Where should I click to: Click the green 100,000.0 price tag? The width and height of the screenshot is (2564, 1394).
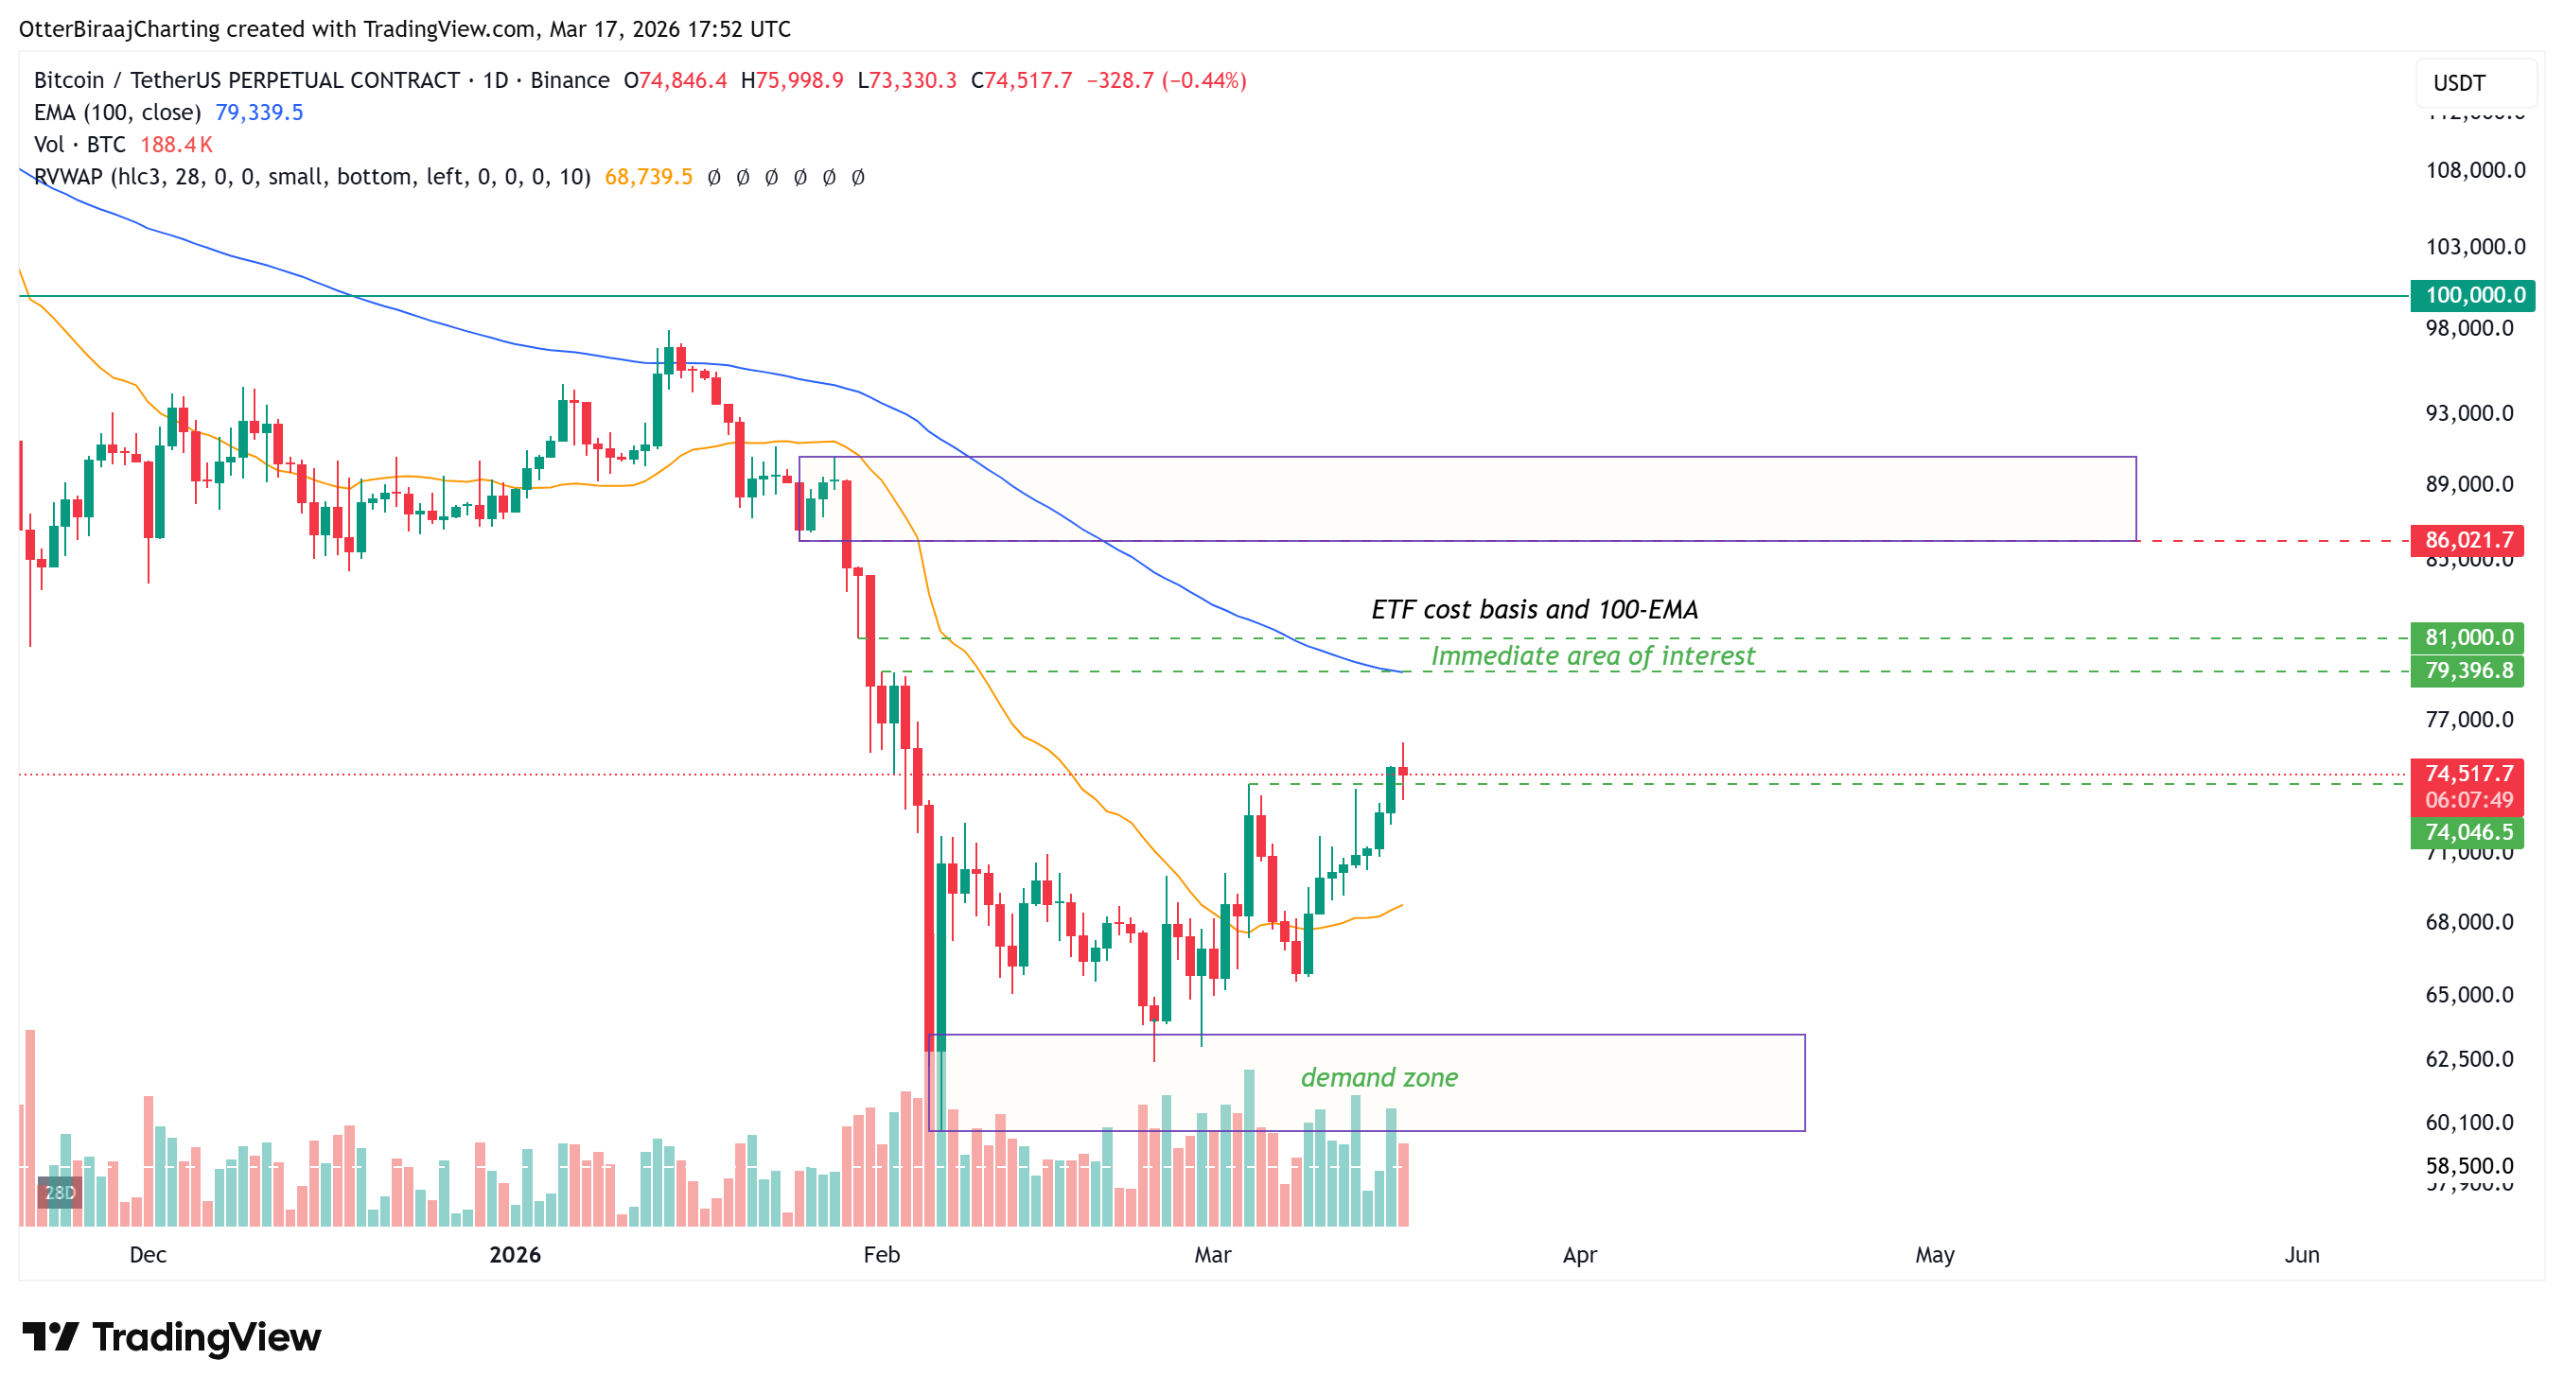[2472, 295]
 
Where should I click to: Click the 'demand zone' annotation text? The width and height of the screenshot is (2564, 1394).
[1379, 1077]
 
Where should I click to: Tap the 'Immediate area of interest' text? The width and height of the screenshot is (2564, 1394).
[1592, 656]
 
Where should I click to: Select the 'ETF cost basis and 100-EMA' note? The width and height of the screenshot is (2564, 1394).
[1534, 610]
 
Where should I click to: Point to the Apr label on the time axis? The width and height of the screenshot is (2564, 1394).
[1580, 1255]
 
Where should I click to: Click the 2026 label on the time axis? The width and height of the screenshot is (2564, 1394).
[515, 1255]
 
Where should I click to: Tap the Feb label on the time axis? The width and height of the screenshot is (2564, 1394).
[881, 1255]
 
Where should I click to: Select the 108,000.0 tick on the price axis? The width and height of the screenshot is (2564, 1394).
[2474, 171]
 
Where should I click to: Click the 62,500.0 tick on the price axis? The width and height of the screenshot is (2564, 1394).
[2468, 1058]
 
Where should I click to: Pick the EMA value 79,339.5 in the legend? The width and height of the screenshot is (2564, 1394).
[259, 113]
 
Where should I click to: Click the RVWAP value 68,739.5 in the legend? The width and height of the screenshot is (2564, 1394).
[648, 177]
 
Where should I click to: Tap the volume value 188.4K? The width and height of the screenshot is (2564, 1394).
[176, 146]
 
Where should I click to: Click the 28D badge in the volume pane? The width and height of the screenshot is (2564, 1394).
[60, 1192]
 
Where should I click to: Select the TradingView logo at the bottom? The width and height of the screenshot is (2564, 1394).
[171, 1337]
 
